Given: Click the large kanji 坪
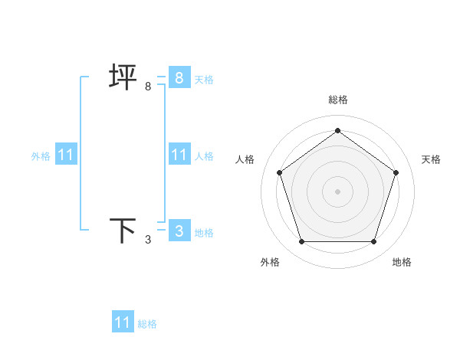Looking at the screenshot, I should coord(123,77).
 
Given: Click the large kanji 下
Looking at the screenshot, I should coord(123,231).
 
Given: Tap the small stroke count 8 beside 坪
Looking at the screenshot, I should coord(148,87).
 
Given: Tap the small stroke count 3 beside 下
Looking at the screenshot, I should coord(148,240).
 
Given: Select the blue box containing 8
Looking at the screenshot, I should coord(179,77).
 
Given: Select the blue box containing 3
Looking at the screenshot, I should coord(179,231).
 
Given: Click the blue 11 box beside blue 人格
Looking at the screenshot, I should coord(179,155).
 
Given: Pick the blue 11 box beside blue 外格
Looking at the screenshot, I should coord(66,155).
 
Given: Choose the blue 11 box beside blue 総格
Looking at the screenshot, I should coord(123,322).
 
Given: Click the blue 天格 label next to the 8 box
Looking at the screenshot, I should coord(204,80).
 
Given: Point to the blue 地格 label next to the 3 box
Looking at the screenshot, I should coord(204,233).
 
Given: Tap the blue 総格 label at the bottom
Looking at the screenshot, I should coord(147,324).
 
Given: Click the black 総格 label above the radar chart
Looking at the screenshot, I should coord(337,100).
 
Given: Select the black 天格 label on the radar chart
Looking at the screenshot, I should coord(431,159).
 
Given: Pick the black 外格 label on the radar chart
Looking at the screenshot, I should coord(270,262).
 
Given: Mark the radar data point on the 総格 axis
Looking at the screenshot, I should coord(337,130).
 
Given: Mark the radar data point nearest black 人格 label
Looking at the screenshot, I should coord(279,172).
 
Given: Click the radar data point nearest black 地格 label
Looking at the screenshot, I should coord(373,242).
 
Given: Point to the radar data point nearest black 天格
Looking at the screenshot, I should coord(396,172).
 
